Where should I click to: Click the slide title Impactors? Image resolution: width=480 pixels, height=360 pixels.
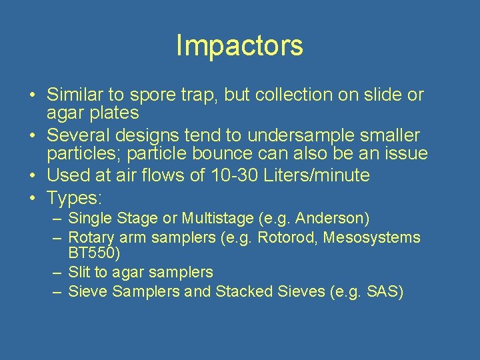coord(239,45)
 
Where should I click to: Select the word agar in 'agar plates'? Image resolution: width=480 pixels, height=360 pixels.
coord(63,113)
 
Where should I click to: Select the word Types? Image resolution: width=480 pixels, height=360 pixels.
coord(74,198)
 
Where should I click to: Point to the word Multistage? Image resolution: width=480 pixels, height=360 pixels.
coord(216,219)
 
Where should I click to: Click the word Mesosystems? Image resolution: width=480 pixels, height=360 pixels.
coord(372,237)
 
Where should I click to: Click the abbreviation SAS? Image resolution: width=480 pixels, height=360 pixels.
coord(382,292)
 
